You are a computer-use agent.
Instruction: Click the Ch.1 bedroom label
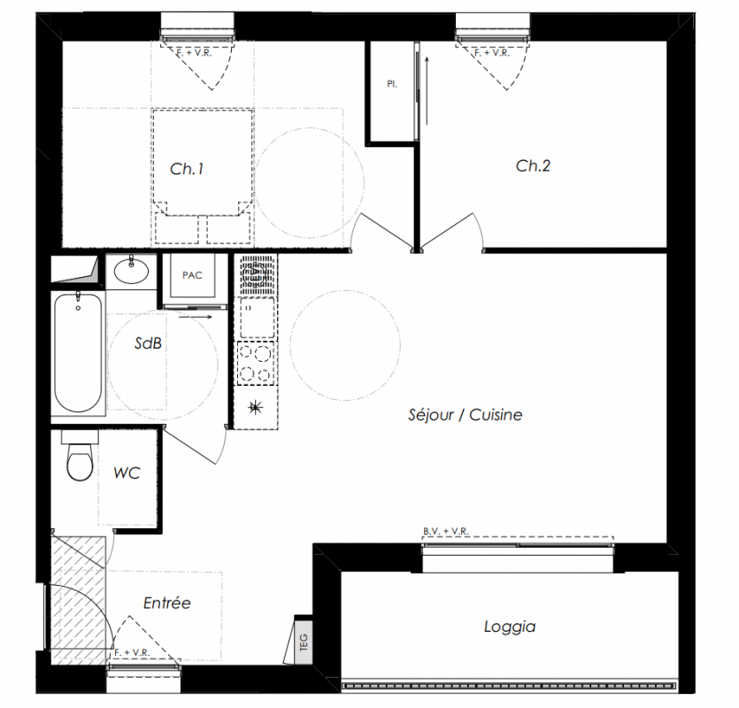(187, 169)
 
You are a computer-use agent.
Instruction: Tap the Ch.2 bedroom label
(533, 165)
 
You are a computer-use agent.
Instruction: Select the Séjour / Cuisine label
(466, 415)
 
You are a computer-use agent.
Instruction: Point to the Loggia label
(510, 627)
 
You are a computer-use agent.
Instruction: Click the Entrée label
(167, 603)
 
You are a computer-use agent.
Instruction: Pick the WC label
(127, 473)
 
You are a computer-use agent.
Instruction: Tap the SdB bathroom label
(148, 343)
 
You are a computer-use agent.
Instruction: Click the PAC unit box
(192, 275)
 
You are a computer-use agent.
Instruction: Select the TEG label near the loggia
(304, 642)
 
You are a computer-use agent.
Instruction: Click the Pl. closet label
(392, 84)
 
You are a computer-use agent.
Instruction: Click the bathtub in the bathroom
(78, 351)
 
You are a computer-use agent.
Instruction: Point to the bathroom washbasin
(131, 271)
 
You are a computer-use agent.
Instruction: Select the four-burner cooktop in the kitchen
(256, 363)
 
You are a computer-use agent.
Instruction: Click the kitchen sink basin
(257, 316)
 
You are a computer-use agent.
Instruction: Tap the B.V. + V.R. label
(446, 531)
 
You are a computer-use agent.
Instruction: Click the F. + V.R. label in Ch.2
(492, 53)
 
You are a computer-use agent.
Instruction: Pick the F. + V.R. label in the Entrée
(132, 652)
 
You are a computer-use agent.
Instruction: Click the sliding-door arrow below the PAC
(196, 317)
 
